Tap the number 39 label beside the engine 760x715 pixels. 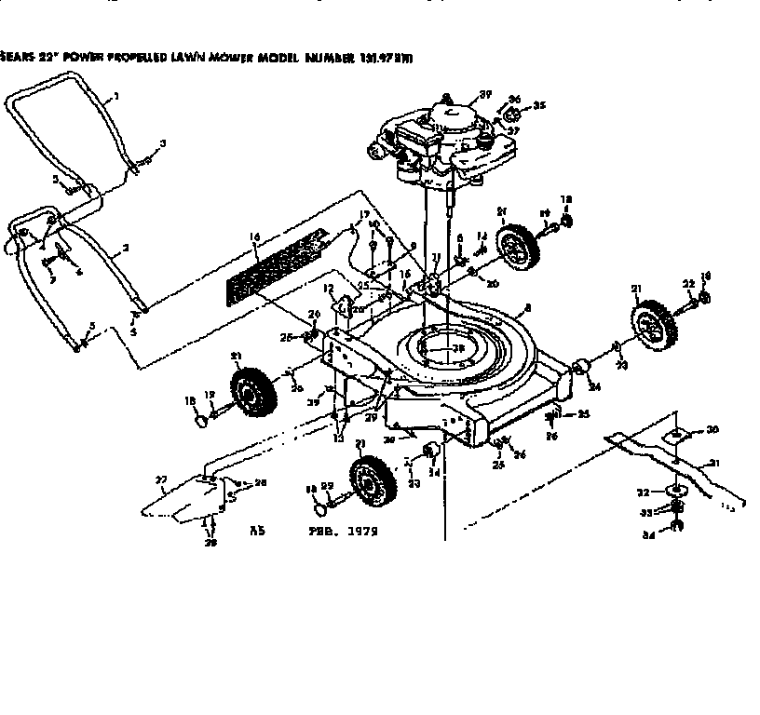pyautogui.click(x=485, y=93)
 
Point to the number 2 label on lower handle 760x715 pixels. pyautogui.click(x=125, y=250)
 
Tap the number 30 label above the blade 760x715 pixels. pyautogui.click(x=712, y=429)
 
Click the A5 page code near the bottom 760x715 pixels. pyautogui.click(x=259, y=532)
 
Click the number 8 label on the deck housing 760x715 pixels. pyautogui.click(x=528, y=307)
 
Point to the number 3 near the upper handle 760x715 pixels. pyautogui.click(x=163, y=142)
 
